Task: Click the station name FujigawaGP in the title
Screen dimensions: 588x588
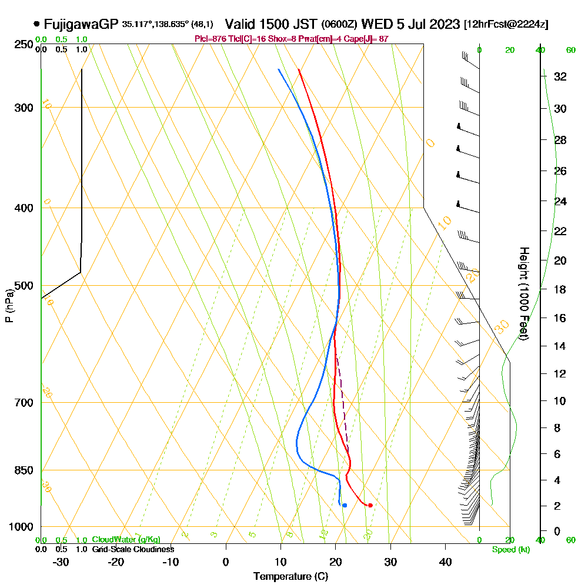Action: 81,24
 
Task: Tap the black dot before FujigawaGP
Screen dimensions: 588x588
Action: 37,24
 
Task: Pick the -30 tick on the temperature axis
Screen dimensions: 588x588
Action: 61,562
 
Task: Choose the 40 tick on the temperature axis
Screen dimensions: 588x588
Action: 446,562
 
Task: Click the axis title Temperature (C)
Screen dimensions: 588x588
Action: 290,577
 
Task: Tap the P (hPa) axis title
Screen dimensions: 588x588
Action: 9,305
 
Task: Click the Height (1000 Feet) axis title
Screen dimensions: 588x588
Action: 523,293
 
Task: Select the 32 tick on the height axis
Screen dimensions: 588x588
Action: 560,76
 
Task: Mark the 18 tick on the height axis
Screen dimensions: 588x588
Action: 560,289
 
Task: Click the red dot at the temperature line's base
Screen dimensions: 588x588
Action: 370,505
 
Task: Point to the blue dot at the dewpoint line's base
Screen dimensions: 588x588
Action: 345,505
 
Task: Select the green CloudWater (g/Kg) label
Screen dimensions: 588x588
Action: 126,540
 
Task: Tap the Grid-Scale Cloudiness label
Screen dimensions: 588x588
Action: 133,549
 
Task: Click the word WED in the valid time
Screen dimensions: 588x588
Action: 375,24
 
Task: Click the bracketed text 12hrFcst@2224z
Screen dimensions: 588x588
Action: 506,25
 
